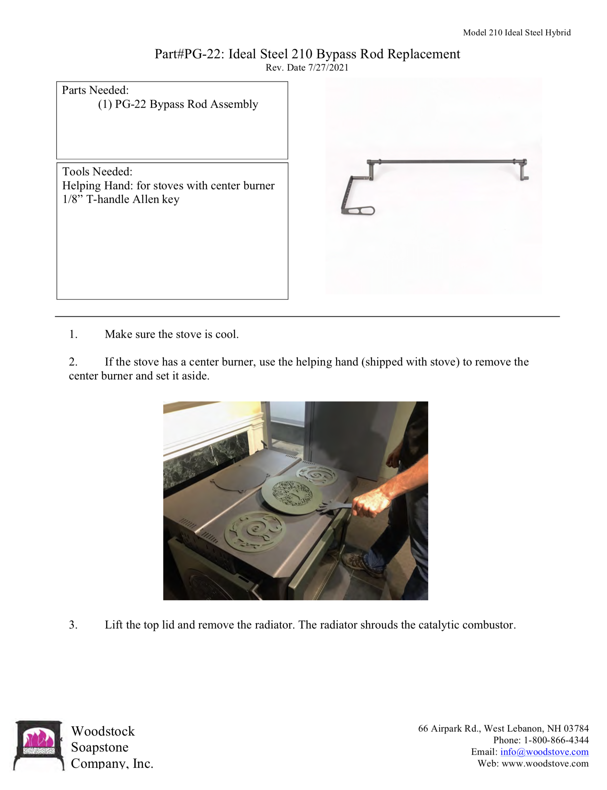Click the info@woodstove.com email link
coord(544,752)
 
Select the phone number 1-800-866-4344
coord(556,740)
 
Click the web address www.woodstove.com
coord(545,763)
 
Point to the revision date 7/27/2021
coord(328,67)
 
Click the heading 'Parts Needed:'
coord(95,90)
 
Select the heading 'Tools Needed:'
coord(97,171)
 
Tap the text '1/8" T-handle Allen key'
coord(121,199)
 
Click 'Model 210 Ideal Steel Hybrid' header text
coord(517,33)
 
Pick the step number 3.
coord(73,625)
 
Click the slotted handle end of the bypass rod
coord(364,210)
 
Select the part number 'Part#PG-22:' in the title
coord(189,54)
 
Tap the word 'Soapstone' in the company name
coord(100,747)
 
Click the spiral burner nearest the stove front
coord(255,532)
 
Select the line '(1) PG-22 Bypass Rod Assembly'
coord(178,104)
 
